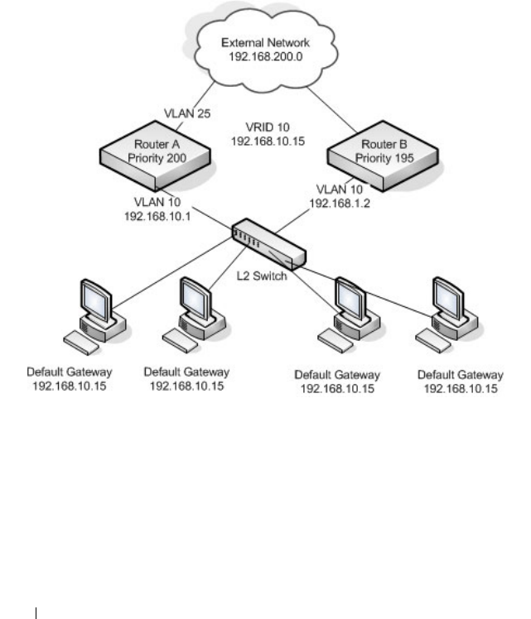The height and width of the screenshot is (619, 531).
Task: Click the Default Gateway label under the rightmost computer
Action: click(461, 375)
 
